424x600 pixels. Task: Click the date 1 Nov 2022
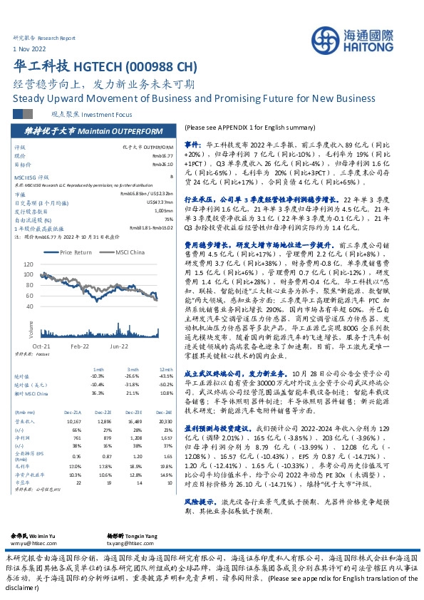coord(30,48)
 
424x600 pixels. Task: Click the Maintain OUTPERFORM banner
coord(107,130)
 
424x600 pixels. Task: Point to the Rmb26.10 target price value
coord(162,163)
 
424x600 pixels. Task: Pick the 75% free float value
coord(168,219)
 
